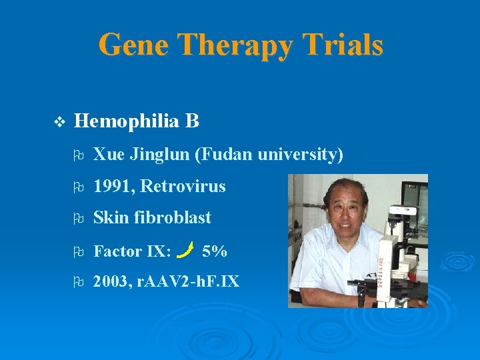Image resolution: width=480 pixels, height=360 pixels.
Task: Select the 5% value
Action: (x=214, y=251)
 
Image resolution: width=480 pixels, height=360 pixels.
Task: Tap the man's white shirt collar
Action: (x=333, y=240)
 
